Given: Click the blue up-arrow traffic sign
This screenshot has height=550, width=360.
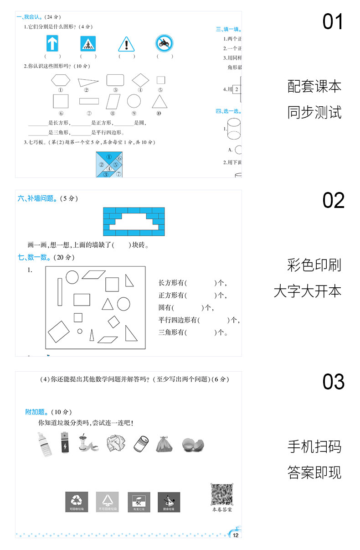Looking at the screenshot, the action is (53, 44).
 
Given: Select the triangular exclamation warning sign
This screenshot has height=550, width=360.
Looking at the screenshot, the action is (126, 44).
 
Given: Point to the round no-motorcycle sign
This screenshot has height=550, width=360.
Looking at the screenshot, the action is (164, 44).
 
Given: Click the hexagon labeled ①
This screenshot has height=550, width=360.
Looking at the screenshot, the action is (61, 80).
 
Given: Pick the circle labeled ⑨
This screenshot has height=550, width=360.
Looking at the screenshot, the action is (134, 101).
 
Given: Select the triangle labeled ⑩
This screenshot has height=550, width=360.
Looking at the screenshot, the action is (159, 101).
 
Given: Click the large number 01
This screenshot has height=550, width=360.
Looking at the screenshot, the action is (333, 22).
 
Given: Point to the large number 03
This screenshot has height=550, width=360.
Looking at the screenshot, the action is (333, 382).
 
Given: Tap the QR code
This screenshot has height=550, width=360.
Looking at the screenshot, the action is (222, 494).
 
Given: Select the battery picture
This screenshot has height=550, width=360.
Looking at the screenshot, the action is (64, 442).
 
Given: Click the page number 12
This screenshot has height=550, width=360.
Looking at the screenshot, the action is (235, 534).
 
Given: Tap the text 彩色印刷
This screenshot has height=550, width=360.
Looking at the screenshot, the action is (314, 265).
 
